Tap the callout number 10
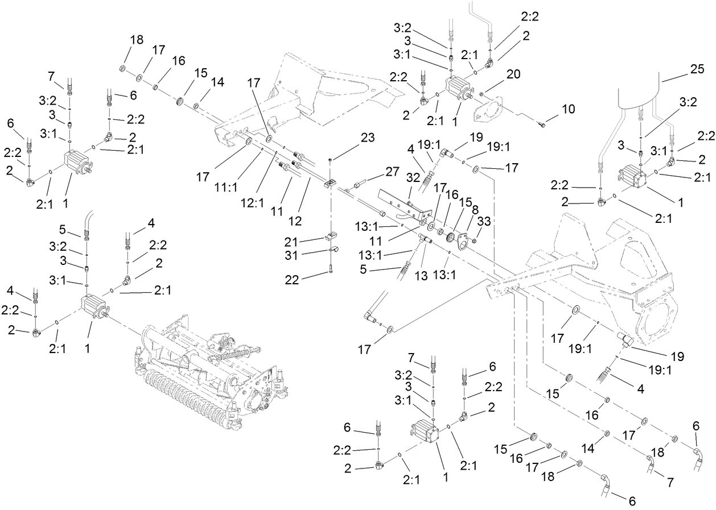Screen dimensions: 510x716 click(x=569, y=108)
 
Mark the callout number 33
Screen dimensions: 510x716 click(x=484, y=220)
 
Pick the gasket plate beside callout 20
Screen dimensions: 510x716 click(x=487, y=109)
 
